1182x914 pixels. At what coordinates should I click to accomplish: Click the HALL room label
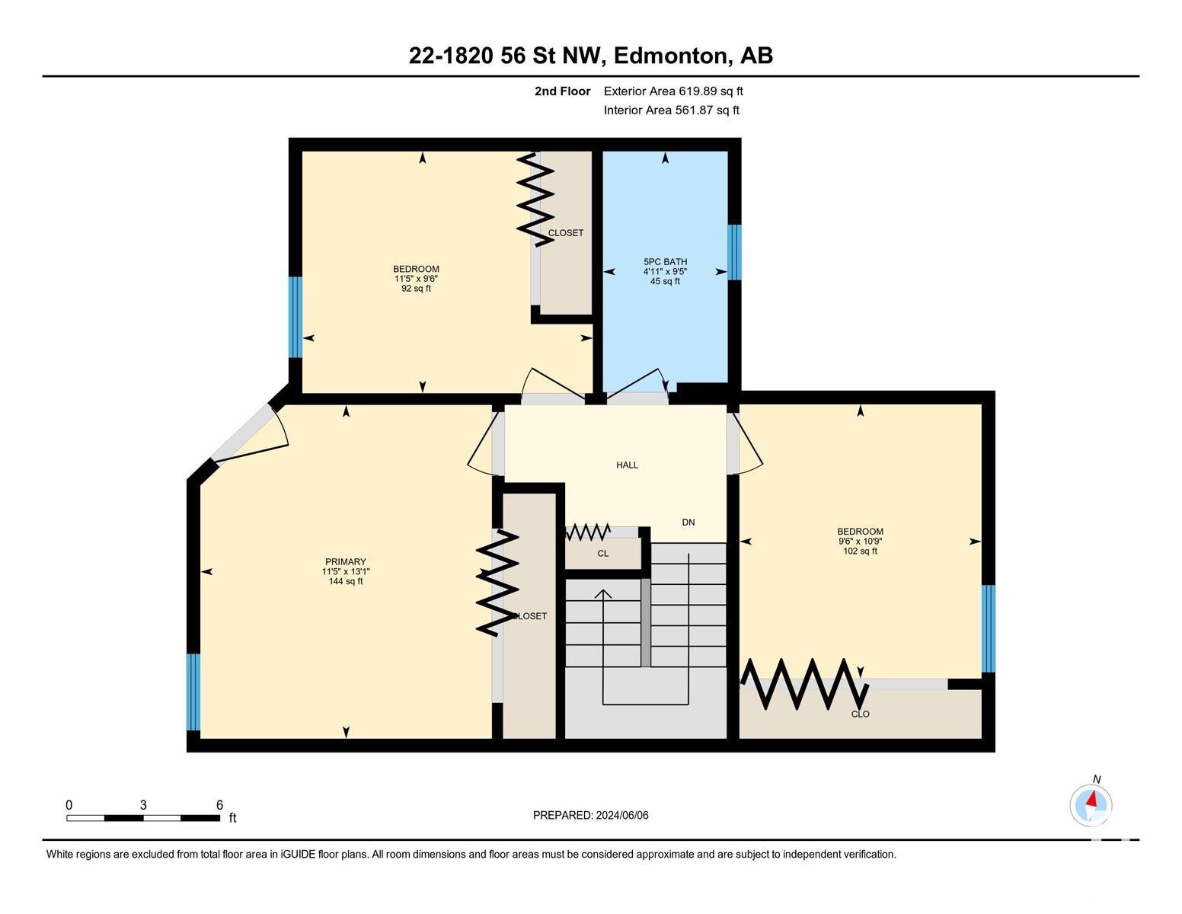coord(627,465)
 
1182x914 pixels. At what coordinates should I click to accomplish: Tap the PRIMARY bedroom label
coord(346,561)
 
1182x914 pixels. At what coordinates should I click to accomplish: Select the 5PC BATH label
coord(665,261)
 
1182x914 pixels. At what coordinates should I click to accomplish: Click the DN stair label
coord(688,522)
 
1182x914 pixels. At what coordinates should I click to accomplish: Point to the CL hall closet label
coord(602,554)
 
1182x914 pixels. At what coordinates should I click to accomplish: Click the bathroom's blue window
coord(734,252)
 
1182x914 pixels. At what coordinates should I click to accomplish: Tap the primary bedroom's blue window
coord(193,692)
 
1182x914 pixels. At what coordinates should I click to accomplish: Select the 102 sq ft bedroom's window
coord(989,628)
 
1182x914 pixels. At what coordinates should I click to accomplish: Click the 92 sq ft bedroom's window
coord(295,317)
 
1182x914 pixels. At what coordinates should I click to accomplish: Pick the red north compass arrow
coord(1091,799)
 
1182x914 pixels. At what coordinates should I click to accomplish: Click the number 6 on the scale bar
coord(220,805)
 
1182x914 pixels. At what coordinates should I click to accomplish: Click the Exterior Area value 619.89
coord(696,91)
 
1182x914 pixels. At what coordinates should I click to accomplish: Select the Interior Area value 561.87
coord(693,110)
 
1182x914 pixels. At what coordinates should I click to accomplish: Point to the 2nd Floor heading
coord(563,91)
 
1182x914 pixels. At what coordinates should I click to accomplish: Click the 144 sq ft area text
coord(346,581)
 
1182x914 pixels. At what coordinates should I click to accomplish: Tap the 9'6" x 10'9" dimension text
coord(860,541)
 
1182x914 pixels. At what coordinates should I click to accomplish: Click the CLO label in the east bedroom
coord(860,714)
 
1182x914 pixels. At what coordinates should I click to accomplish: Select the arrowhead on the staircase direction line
coord(602,594)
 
